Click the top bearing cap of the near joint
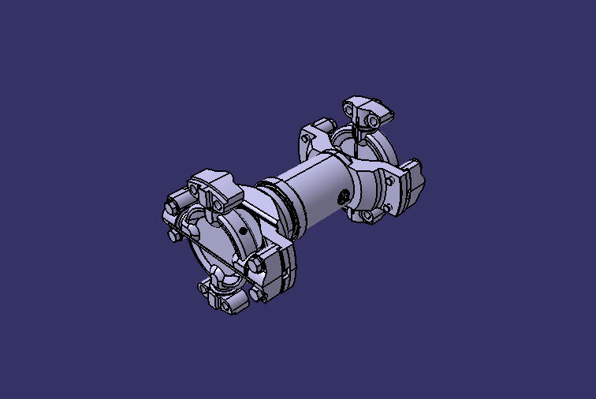[x=213, y=186]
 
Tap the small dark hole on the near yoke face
[x=243, y=231]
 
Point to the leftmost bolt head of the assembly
[x=171, y=208]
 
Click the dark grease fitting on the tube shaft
[x=345, y=196]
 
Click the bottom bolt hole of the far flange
[x=367, y=215]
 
